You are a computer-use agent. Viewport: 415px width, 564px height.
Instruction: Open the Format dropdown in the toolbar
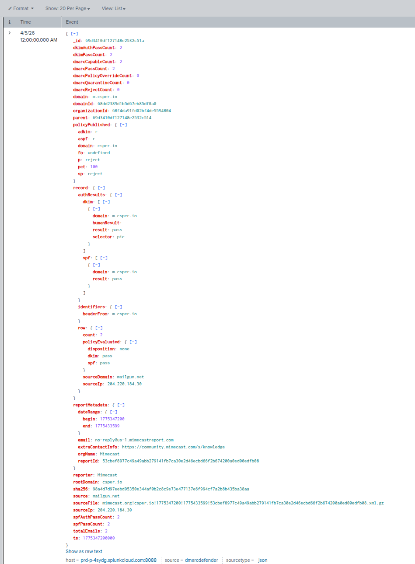21,8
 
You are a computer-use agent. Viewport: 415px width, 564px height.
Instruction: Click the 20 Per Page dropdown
68,8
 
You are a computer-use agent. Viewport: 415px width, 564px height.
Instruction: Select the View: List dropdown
113,8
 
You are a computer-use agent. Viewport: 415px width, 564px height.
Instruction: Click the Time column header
26,22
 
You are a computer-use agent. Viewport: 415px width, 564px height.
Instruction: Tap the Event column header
72,22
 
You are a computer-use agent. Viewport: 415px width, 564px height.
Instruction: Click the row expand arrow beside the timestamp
10,33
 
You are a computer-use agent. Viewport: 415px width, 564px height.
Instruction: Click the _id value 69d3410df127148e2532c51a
115,41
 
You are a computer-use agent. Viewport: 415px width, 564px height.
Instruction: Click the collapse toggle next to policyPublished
124,125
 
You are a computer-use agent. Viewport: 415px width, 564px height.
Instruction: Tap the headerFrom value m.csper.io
124,314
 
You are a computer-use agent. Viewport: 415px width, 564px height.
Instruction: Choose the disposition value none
124,349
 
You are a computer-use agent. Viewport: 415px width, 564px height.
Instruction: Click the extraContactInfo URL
173,447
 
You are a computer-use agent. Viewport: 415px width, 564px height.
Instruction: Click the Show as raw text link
84,551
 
